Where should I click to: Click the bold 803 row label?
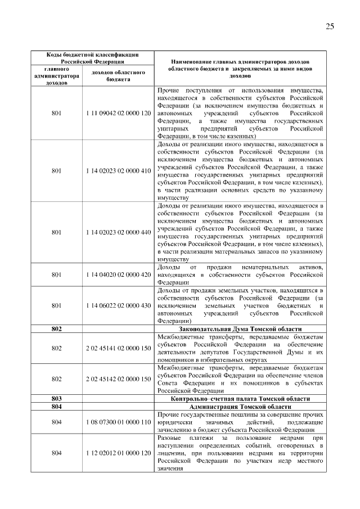56,414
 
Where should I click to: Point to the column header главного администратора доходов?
56,75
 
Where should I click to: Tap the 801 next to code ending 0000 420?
56,274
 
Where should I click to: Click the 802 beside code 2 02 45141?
56,348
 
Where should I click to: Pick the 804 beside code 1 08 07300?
56,437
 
